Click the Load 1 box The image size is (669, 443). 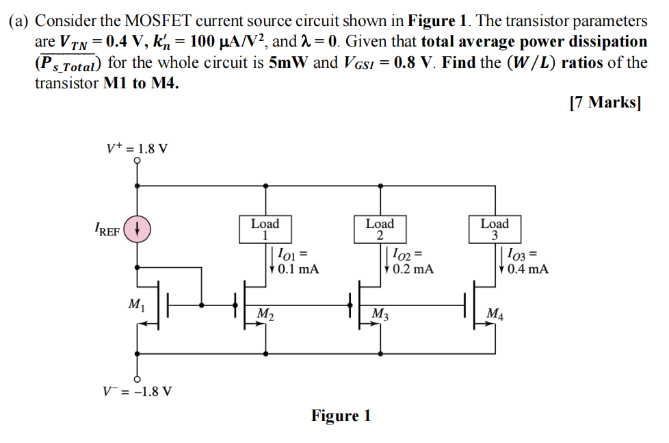265,229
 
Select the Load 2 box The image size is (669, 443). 380,229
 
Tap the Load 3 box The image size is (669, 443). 495,229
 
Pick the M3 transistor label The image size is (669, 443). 380,314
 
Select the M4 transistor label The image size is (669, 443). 495,314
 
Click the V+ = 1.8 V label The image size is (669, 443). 137,149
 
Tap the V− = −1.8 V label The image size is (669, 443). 137,392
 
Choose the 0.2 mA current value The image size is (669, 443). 412,269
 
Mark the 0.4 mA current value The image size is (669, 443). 527,269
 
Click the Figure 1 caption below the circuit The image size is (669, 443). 341,416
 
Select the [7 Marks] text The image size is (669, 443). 605,103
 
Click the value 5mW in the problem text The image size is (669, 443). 289,64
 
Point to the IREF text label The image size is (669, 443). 107,231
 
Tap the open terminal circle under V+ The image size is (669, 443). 137,162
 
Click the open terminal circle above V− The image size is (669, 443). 137,378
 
